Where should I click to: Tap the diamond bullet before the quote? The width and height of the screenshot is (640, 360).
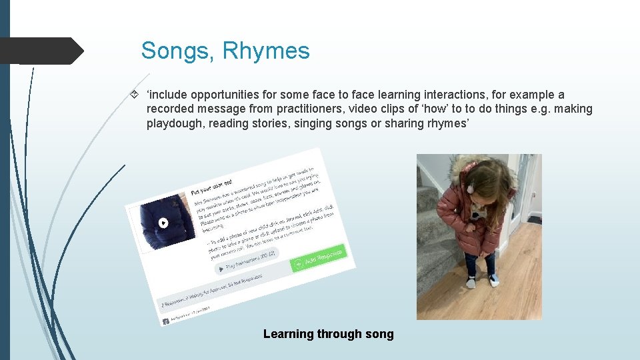(x=135, y=95)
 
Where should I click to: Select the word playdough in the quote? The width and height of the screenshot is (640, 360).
(x=175, y=123)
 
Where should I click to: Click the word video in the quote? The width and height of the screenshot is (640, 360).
(x=347, y=109)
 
